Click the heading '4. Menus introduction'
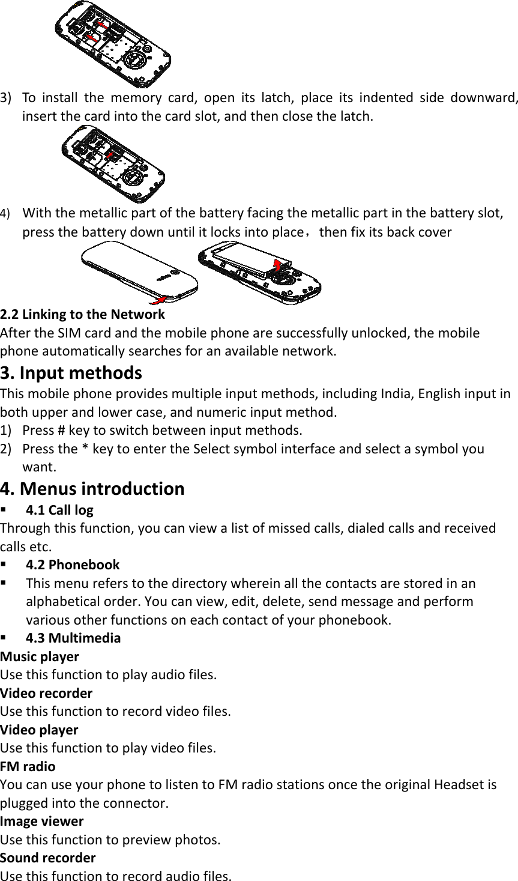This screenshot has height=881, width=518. coord(92,488)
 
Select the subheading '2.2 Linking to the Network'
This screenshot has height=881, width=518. coord(82,314)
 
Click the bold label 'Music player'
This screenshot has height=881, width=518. coord(40,656)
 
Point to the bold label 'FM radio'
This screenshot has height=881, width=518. coord(28,766)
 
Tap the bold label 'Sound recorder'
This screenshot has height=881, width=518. coord(48,858)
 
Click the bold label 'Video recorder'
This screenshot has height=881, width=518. coord(47,693)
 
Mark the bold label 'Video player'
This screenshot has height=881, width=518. coord(40,730)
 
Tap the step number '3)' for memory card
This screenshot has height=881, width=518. coord(8,97)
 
